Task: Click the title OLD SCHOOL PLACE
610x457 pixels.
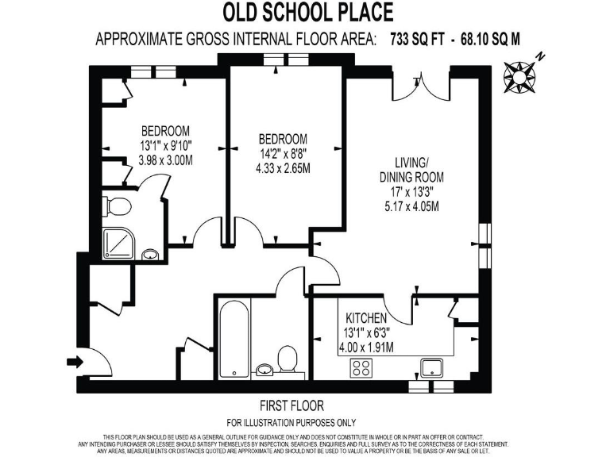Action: point(307,13)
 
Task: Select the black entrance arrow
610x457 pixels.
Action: point(72,362)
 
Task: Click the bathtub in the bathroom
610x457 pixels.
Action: point(233,339)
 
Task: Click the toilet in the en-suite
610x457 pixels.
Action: point(118,208)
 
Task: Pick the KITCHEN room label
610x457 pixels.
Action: point(367,318)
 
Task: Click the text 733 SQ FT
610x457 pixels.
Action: point(416,40)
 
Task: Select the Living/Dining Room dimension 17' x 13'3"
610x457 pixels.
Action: point(411,193)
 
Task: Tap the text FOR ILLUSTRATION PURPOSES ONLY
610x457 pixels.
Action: point(291,422)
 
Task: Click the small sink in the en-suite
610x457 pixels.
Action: point(150,255)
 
